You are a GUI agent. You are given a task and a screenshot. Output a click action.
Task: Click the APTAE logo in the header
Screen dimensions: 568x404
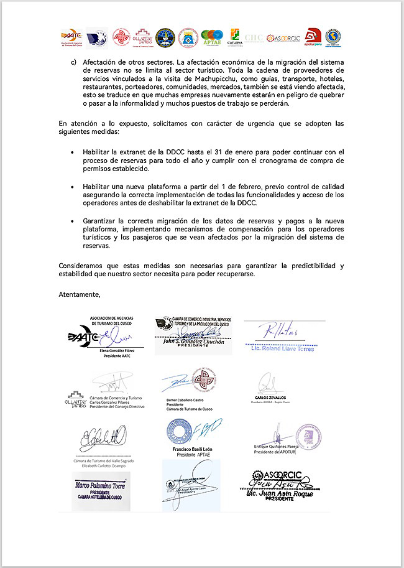pyautogui.click(x=212, y=38)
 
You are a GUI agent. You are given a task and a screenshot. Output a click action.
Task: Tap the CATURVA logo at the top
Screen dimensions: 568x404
pyautogui.click(x=235, y=37)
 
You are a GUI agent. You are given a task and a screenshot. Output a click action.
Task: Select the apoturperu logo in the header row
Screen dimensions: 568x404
pyautogui.click(x=313, y=37)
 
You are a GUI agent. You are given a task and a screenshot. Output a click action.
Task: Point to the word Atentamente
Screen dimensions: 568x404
pyautogui.click(x=79, y=293)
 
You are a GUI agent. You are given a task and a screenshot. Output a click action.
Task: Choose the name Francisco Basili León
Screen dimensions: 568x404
pyautogui.click(x=195, y=449)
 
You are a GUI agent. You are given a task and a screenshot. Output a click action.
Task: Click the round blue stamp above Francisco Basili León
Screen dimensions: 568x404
pyautogui.click(x=180, y=432)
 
